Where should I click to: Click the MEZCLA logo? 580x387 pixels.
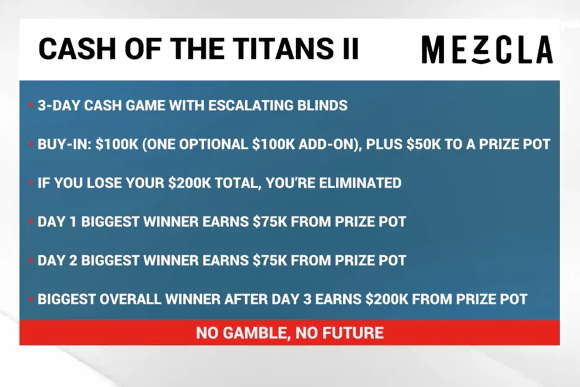pos(486,50)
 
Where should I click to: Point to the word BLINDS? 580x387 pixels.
pos(323,105)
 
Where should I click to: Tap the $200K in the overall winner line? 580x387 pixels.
pos(386,299)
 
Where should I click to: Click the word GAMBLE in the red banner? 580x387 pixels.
pos(252,333)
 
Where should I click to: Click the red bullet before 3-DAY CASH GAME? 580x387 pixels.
pos(31,106)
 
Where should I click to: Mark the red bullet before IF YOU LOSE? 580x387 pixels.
pos(31,184)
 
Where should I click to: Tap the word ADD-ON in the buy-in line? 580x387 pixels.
pos(326,144)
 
